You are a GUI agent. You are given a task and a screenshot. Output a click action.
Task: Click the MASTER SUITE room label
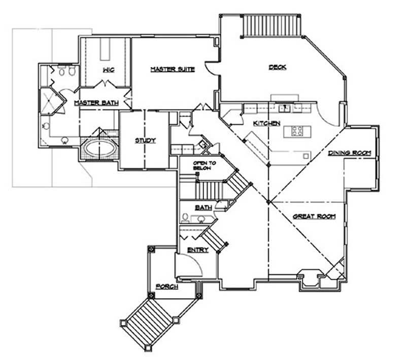coord(173,69)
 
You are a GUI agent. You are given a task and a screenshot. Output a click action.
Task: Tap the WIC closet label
coord(108,69)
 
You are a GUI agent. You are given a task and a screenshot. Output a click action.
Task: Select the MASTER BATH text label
coord(96,103)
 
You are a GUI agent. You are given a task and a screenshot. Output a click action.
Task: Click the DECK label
coord(277,67)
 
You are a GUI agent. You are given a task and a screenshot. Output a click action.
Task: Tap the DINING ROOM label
coord(350,153)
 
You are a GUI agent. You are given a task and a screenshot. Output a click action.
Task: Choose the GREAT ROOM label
coord(315,217)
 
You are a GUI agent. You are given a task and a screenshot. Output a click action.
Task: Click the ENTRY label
coord(195,250)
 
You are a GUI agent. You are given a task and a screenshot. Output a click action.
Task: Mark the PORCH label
coord(166,287)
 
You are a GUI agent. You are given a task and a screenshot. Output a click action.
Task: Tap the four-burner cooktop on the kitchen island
coord(297,131)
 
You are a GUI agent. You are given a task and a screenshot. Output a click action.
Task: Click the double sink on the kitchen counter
coord(284,107)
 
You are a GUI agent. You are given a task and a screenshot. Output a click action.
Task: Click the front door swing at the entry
coord(185,264)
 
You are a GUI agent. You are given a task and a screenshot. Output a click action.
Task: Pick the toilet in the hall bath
coord(185,218)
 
